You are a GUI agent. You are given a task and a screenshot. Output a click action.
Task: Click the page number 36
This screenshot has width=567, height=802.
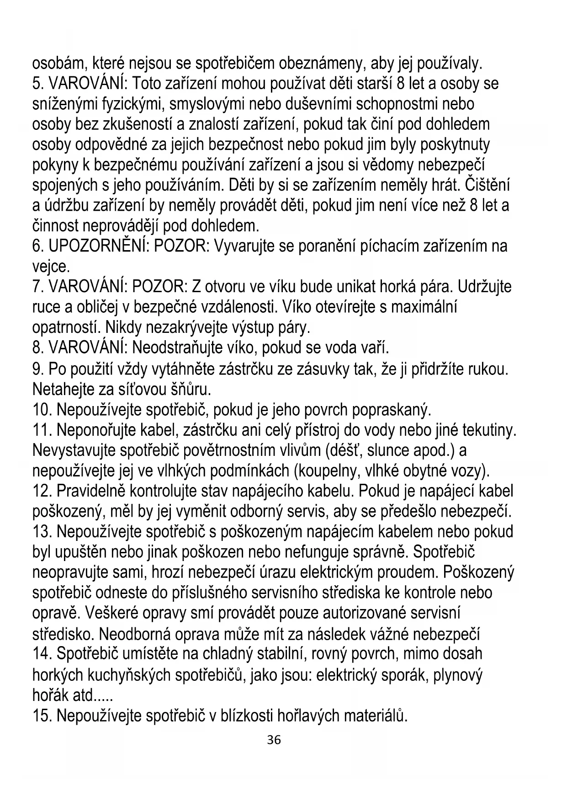coord(274,740)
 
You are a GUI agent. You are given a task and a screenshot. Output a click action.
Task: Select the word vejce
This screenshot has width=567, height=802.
coord(50,267)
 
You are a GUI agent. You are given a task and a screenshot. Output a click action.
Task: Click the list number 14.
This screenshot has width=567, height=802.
coord(42,654)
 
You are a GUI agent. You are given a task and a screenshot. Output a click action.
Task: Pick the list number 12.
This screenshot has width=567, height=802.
coord(42,491)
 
